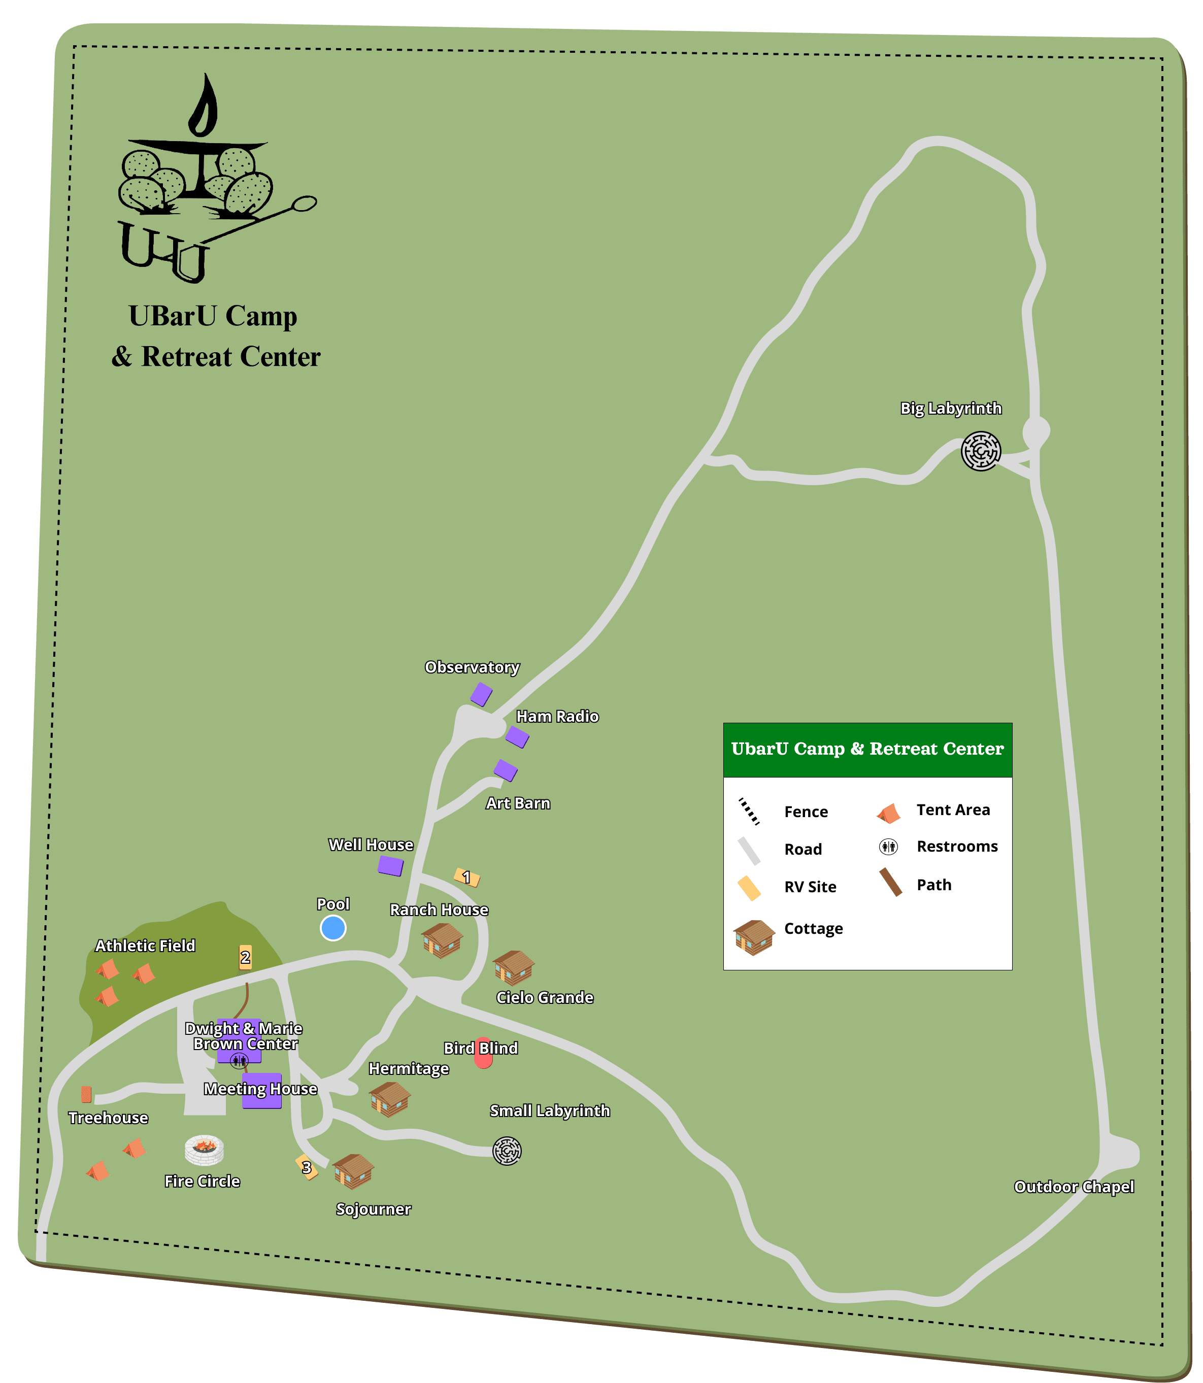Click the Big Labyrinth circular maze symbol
pyautogui.click(x=981, y=451)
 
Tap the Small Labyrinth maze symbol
pyautogui.click(x=507, y=1151)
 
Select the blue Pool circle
pyautogui.click(x=333, y=928)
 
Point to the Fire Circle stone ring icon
pyautogui.click(x=204, y=1150)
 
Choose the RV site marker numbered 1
pyautogui.click(x=466, y=878)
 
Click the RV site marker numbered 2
pyautogui.click(x=246, y=957)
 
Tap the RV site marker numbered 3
pyautogui.click(x=307, y=1167)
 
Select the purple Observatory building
pyautogui.click(x=481, y=694)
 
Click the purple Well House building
pyautogui.click(x=390, y=866)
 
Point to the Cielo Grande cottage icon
pyautogui.click(x=514, y=967)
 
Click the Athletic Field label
pyautogui.click(x=145, y=946)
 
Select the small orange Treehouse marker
pyautogui.click(x=86, y=1094)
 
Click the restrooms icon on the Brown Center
pyautogui.click(x=239, y=1061)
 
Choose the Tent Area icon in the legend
pyautogui.click(x=888, y=814)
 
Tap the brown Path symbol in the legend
pyautogui.click(x=891, y=882)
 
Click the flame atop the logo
pyautogui.click(x=204, y=108)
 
